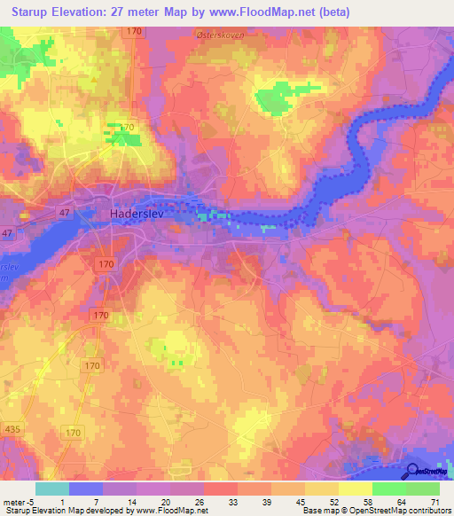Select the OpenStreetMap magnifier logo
tap(413, 473)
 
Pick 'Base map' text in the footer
tap(318, 511)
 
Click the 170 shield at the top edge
tap(134, 31)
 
